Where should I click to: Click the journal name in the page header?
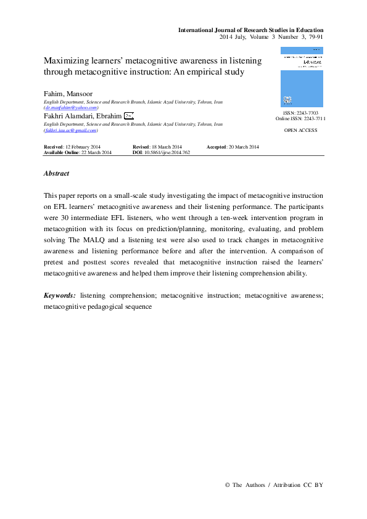250,30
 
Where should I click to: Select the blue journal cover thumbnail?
301,78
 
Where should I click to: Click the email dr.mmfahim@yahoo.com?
72,107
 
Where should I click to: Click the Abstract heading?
56,174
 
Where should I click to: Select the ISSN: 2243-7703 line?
300,113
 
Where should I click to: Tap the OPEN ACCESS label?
300,131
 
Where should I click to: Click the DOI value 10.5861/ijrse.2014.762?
167,152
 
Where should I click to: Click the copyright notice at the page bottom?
274,485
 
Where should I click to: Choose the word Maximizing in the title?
67,61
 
